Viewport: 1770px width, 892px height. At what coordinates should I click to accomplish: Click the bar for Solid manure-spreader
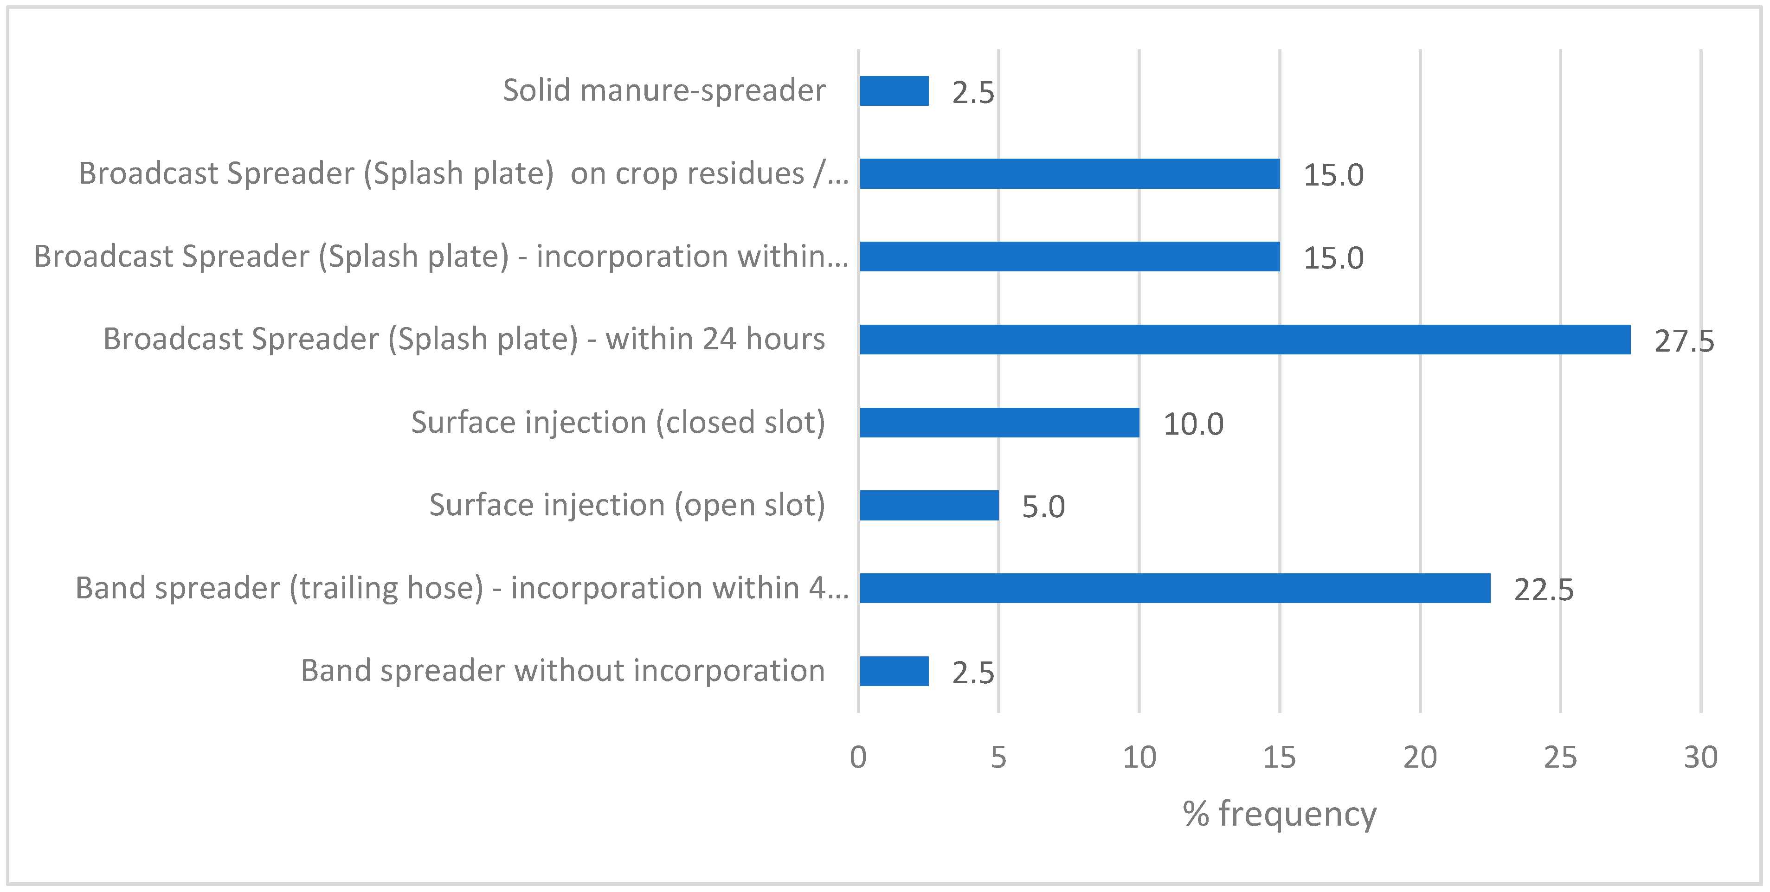tap(894, 91)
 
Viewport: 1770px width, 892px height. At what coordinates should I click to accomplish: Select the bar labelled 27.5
tap(1244, 340)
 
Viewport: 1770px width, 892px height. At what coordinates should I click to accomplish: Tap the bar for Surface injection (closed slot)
tap(999, 422)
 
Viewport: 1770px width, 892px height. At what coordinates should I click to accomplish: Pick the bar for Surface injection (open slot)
tap(929, 505)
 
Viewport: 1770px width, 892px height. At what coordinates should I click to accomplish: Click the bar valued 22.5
tap(1175, 588)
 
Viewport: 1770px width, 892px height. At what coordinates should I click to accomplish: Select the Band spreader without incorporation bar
tap(894, 671)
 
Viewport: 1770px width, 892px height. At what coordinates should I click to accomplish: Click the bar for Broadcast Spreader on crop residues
tap(1069, 173)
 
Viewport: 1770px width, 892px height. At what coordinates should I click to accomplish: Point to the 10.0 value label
tap(1193, 424)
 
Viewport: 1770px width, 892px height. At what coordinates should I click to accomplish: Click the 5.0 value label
tap(1043, 507)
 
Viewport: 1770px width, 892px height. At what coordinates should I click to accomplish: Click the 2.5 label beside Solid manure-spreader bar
tap(973, 93)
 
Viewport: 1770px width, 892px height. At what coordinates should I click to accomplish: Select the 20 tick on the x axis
tap(1420, 757)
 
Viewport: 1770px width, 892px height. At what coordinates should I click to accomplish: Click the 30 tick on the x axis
tap(1700, 757)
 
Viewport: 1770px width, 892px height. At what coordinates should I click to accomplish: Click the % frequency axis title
tap(1280, 815)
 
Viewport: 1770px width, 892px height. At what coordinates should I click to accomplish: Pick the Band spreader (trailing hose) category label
tap(462, 588)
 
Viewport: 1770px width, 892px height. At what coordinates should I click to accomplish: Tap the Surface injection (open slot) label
tap(627, 505)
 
